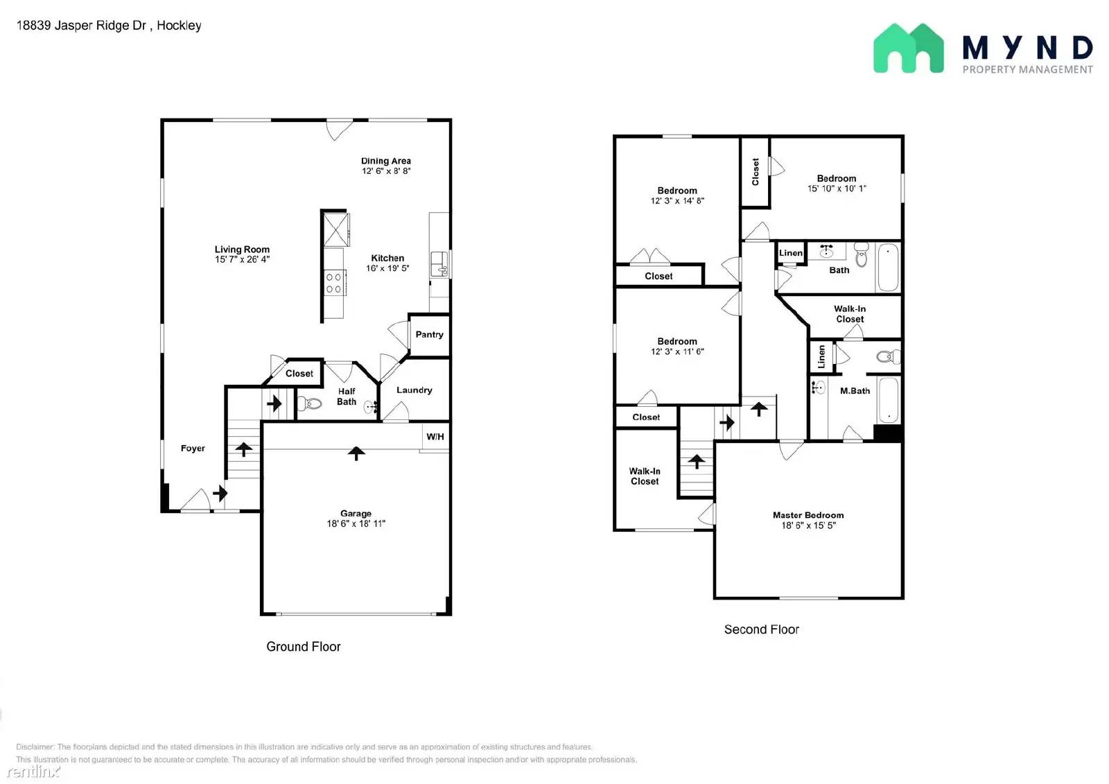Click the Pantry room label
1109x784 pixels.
pyautogui.click(x=429, y=334)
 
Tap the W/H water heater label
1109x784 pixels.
pyautogui.click(x=435, y=436)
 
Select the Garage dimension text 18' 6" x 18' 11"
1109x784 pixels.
pyautogui.click(x=356, y=523)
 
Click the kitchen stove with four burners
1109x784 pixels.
pyautogui.click(x=333, y=283)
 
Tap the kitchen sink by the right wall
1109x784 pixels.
pyautogui.click(x=439, y=263)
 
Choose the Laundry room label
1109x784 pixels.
pyautogui.click(x=414, y=390)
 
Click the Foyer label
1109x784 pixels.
pyautogui.click(x=193, y=448)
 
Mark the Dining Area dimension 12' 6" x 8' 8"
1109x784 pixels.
pyautogui.click(x=386, y=171)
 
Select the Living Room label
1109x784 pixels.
pyautogui.click(x=242, y=249)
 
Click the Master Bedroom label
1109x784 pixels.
pyautogui.click(x=808, y=515)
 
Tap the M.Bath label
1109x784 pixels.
pyautogui.click(x=855, y=391)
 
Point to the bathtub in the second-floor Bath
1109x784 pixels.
pyautogui.click(x=888, y=268)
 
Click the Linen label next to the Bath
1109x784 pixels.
pyautogui.click(x=791, y=253)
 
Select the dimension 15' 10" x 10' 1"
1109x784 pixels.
pyautogui.click(x=837, y=188)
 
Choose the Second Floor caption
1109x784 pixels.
pyautogui.click(x=762, y=629)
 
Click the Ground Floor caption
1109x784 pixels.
pyautogui.click(x=304, y=646)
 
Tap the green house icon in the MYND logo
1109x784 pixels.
pyautogui.click(x=909, y=48)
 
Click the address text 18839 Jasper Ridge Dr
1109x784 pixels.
pyautogui.click(x=81, y=25)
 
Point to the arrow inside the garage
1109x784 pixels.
pyautogui.click(x=356, y=453)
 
